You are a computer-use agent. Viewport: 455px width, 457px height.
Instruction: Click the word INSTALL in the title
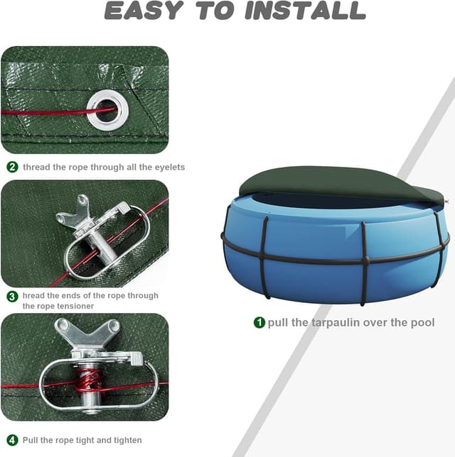tap(305, 11)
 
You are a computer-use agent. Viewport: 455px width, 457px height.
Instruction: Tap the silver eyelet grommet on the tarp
tap(107, 110)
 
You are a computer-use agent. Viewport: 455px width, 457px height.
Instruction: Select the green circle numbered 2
tap(12, 167)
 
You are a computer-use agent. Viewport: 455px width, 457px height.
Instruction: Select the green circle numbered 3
tap(12, 297)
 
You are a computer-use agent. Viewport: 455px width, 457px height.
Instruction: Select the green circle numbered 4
tap(12, 440)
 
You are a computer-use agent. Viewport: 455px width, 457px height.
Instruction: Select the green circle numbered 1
tap(259, 322)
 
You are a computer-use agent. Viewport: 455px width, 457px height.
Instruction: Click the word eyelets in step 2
tap(170, 167)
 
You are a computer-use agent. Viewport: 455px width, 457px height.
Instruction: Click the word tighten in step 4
tap(128, 441)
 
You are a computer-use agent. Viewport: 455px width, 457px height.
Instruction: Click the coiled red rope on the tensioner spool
tap(89, 382)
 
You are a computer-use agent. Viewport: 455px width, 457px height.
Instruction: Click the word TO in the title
tap(215, 11)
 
